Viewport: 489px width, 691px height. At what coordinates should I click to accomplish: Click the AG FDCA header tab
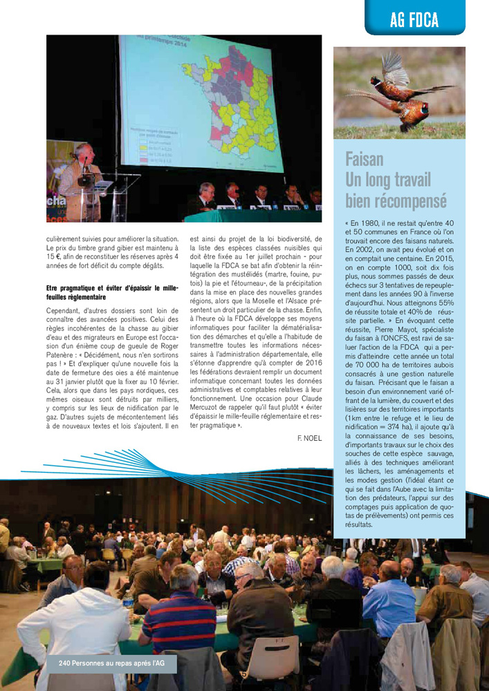pyautogui.click(x=414, y=20)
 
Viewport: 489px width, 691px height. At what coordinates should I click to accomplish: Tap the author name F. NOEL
pyautogui.click(x=308, y=438)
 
